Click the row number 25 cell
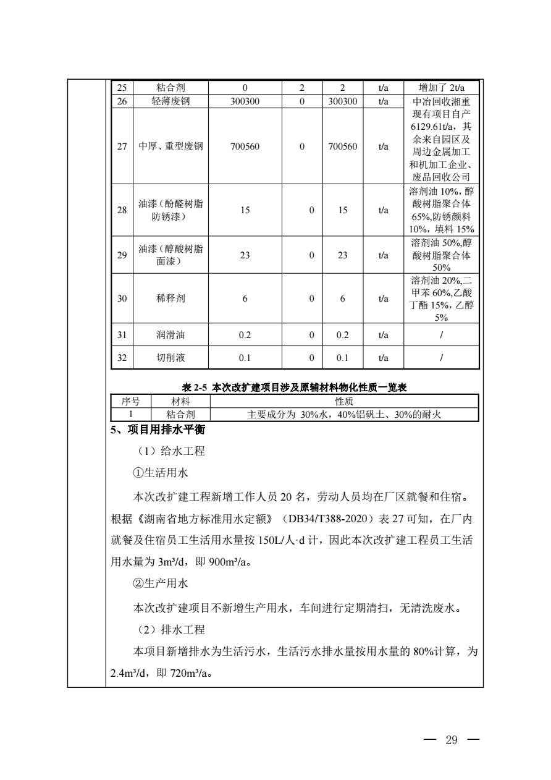pyautogui.click(x=122, y=87)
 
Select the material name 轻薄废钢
pyautogui.click(x=169, y=98)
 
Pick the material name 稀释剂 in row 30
pyautogui.click(x=169, y=299)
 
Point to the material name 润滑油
pyautogui.click(x=169, y=334)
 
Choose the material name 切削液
pyautogui.click(x=169, y=358)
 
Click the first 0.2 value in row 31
pyautogui.click(x=245, y=334)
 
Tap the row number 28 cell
pyautogui.click(x=122, y=210)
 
